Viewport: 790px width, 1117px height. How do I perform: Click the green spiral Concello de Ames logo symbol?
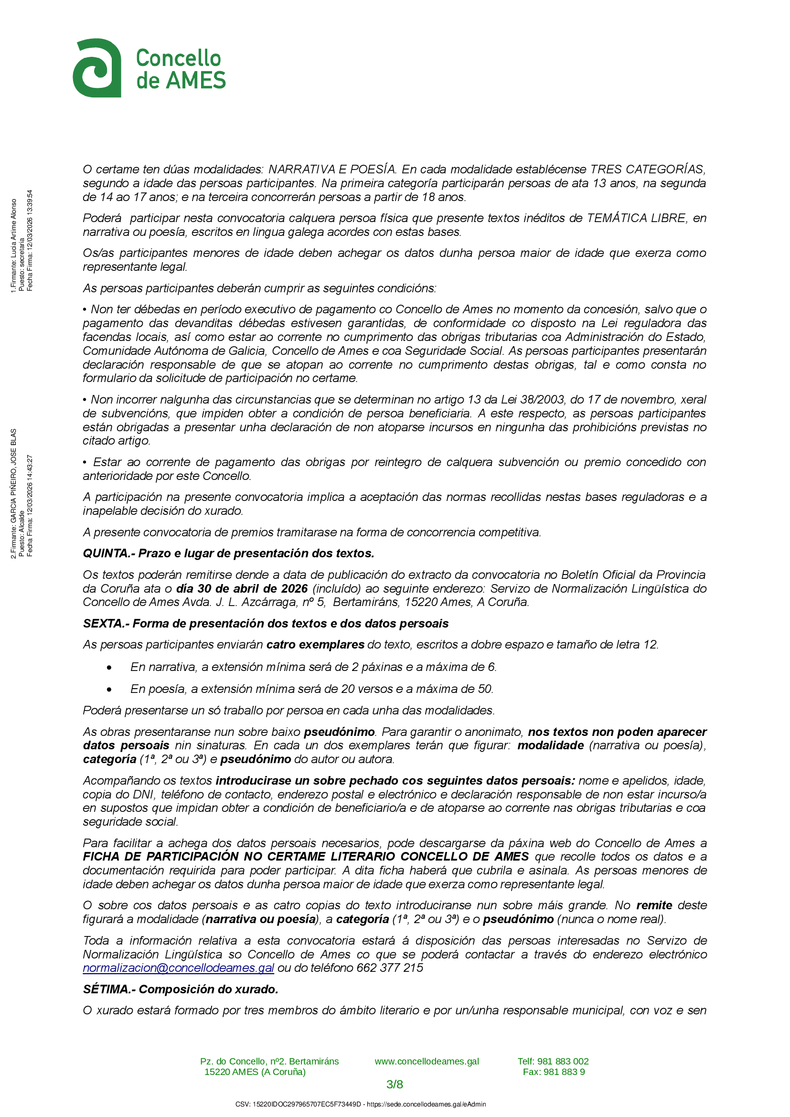coord(97,68)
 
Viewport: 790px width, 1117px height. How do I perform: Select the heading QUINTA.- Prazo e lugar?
coord(228,553)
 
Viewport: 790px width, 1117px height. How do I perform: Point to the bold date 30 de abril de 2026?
coord(242,588)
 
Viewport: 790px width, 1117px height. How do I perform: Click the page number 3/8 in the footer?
coord(395,1085)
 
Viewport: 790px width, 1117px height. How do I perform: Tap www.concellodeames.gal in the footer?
coord(427,1061)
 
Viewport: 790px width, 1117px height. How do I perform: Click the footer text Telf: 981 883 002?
coord(553,1061)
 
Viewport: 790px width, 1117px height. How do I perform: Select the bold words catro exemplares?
coord(315,644)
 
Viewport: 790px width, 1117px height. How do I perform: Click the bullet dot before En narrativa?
coord(109,668)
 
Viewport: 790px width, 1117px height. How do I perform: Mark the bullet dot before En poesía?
coord(109,690)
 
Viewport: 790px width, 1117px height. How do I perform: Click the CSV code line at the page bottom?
coord(361,1105)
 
